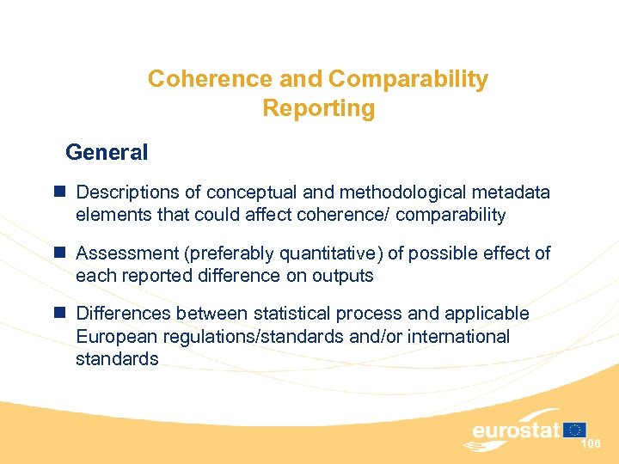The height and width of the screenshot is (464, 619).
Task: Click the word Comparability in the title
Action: click(x=408, y=79)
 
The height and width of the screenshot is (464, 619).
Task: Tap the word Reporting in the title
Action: click(x=319, y=109)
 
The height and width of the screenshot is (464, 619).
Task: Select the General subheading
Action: click(x=107, y=153)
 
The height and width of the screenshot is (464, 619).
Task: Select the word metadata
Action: click(x=514, y=193)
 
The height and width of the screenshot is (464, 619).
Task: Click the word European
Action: click(x=114, y=336)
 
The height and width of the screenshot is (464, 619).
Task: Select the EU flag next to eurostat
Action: click(x=576, y=429)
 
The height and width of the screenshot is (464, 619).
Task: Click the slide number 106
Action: click(x=591, y=444)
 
